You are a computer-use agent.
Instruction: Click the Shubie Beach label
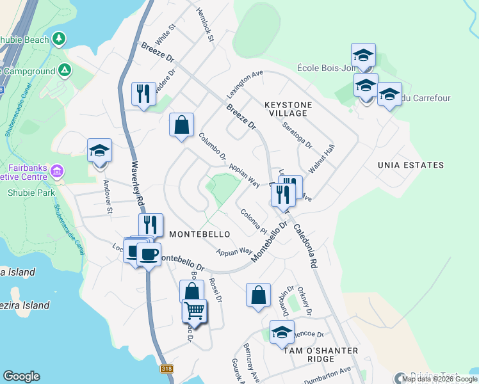click(24, 40)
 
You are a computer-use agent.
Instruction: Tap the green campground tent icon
click(65, 70)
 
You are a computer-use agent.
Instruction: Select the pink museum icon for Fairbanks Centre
click(56, 172)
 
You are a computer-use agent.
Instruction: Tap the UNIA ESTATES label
click(410, 165)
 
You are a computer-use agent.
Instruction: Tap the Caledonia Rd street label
click(305, 245)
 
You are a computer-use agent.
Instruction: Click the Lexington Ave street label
click(245, 84)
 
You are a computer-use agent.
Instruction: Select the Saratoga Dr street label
click(298, 135)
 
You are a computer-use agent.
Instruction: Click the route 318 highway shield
click(167, 369)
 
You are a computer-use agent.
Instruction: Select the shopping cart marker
click(195, 311)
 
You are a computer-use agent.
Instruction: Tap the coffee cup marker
click(149, 254)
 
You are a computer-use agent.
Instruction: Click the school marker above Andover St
click(100, 150)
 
